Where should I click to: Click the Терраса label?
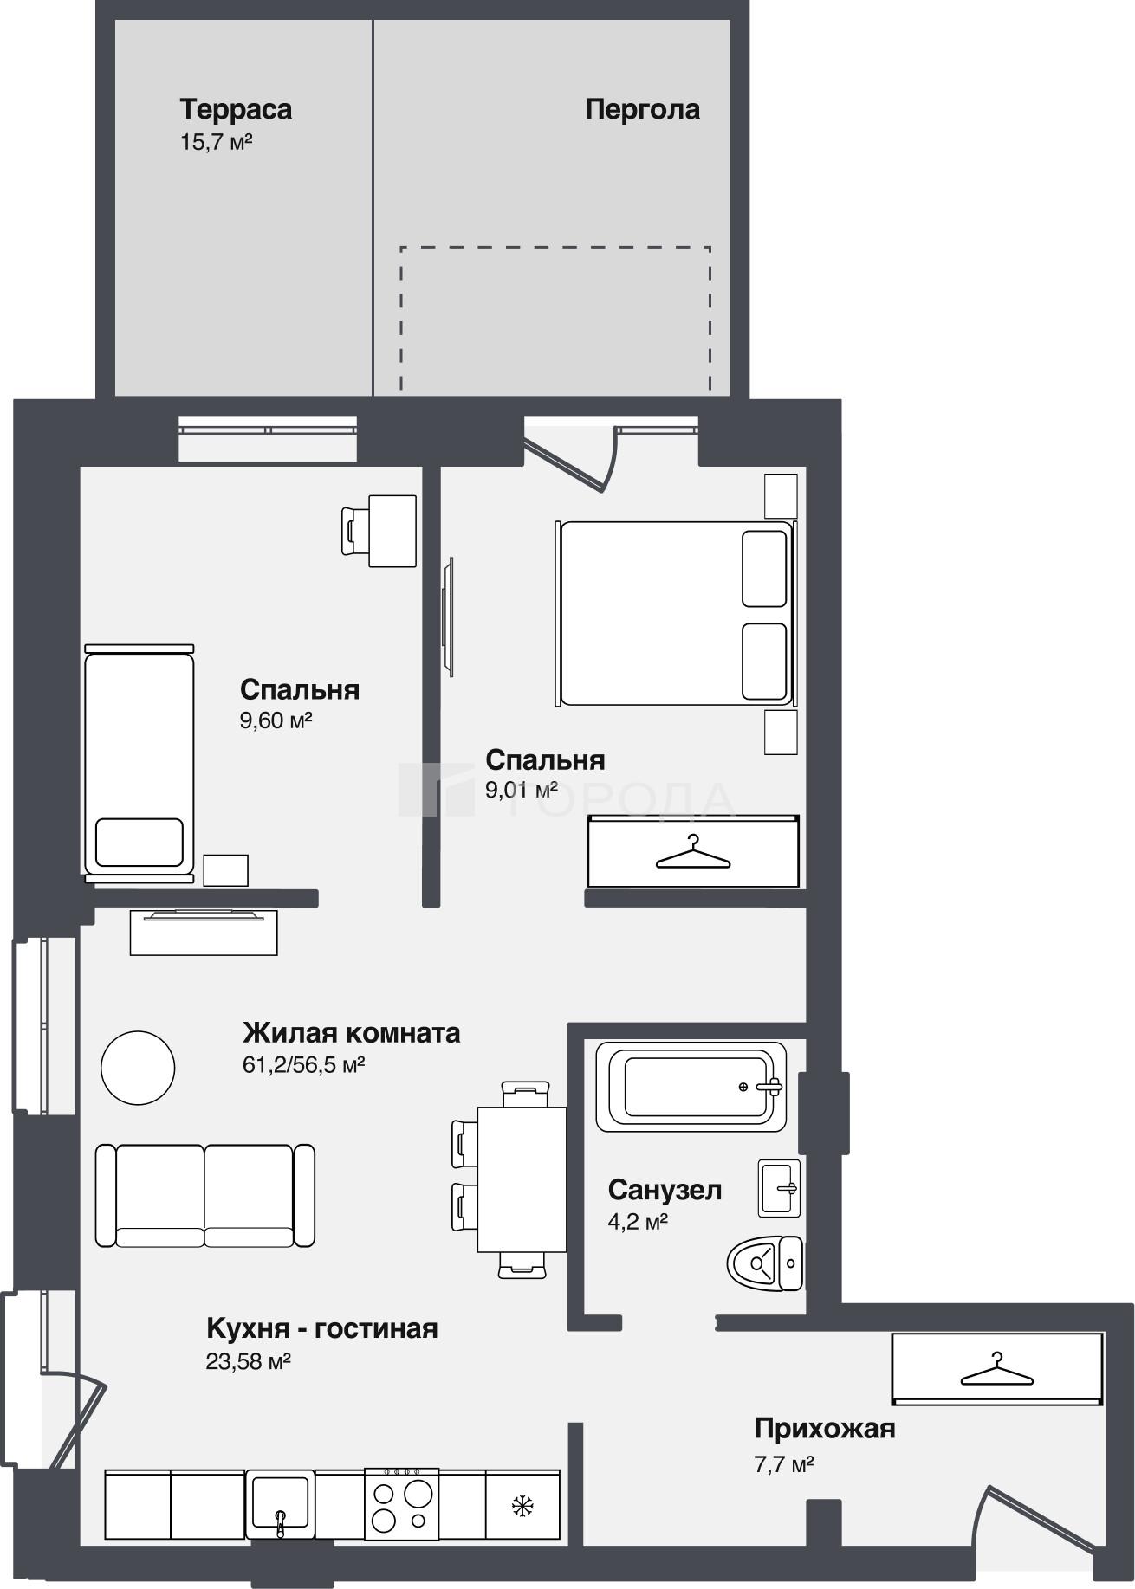(236, 110)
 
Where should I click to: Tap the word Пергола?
(643, 110)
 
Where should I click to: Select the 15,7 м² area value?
(216, 142)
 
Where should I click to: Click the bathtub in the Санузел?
(691, 1086)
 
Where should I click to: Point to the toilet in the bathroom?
(765, 1263)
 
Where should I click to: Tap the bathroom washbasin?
(780, 1188)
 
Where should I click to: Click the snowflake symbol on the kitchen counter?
(522, 1506)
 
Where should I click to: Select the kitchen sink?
(280, 1503)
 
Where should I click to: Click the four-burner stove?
(401, 1503)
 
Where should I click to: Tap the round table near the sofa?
(138, 1068)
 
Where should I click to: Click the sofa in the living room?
(204, 1195)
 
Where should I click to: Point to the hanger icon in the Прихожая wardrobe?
(996, 1371)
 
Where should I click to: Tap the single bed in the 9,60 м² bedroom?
(139, 763)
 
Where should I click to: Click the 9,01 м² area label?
(522, 791)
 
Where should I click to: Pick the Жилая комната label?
(351, 1033)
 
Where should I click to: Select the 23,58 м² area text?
(248, 1361)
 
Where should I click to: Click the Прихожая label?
(824, 1428)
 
